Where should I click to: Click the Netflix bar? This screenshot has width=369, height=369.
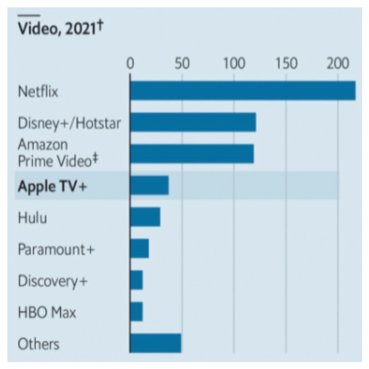tap(242, 91)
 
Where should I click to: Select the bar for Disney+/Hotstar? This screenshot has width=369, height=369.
tap(193, 122)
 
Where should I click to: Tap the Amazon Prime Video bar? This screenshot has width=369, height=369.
tap(192, 154)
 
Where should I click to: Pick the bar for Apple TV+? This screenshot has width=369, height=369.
tap(149, 186)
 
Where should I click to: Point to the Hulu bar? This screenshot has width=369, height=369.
tap(145, 217)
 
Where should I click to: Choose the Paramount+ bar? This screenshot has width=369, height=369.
tap(139, 248)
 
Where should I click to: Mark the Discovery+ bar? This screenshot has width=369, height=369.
tap(137, 280)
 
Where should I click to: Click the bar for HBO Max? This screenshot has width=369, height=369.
tap(137, 311)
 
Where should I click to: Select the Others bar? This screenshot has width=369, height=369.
tap(156, 343)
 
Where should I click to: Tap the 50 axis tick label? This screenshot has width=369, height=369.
tap(182, 63)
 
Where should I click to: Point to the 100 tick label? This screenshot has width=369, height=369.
tap(234, 63)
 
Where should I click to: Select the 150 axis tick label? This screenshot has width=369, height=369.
tap(285, 63)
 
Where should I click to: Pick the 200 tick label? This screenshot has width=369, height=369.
tap(337, 63)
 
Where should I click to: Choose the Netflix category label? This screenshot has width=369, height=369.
tap(38, 91)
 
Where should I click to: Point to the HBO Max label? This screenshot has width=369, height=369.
tap(47, 313)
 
